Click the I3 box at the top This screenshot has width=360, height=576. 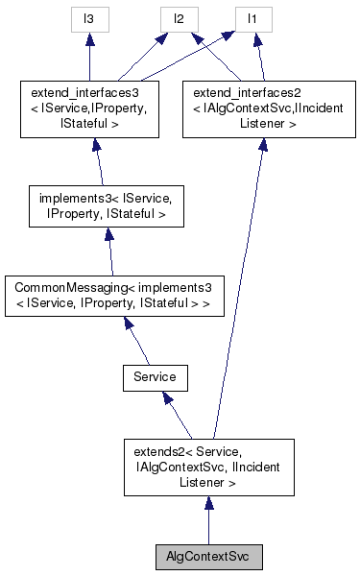[89, 19]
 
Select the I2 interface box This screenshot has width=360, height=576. [180, 19]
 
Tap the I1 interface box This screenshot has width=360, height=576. [252, 19]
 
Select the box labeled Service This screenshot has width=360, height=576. [155, 377]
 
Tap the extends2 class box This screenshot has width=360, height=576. [208, 467]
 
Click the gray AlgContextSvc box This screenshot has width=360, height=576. [208, 556]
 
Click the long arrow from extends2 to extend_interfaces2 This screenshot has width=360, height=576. [235, 288]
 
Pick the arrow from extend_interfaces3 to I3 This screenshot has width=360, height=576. [89, 58]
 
